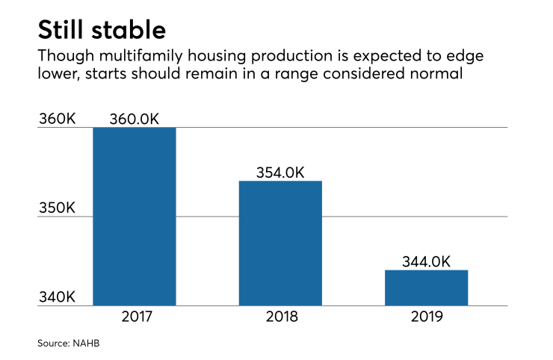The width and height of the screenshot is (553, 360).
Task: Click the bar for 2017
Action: point(134,217)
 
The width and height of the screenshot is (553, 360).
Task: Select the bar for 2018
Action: point(280,243)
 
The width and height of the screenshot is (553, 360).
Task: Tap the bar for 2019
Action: point(426,288)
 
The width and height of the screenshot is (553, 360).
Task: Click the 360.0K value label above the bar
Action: point(135,119)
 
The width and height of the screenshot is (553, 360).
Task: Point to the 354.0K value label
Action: point(280,172)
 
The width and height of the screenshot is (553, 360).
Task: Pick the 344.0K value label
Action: point(426,261)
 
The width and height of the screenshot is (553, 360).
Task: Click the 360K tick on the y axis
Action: point(57,120)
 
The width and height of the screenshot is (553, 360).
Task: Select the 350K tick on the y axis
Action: point(57,208)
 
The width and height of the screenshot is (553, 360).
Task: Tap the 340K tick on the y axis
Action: point(57,297)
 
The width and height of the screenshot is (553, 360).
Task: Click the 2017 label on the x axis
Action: point(135,317)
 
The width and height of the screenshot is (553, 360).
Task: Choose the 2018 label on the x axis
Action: point(280,317)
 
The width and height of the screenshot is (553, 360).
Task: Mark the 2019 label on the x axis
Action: point(426,317)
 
